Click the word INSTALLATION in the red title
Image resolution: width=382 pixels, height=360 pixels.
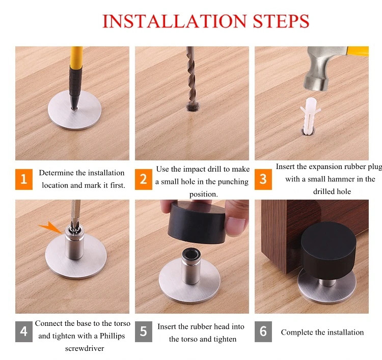[175, 21]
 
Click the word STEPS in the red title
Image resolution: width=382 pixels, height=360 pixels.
[281, 21]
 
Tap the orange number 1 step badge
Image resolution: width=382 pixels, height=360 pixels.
[23, 179]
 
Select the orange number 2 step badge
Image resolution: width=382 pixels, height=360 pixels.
[144, 179]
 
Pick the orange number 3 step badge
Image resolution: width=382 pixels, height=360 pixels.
[263, 179]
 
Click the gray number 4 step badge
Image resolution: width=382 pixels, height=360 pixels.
[23, 331]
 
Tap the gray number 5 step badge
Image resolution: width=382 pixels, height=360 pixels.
[144, 331]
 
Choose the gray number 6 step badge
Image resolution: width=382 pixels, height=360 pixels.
[263, 331]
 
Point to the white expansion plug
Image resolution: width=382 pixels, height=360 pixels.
[310, 116]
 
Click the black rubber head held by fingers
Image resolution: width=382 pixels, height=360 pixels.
[197, 222]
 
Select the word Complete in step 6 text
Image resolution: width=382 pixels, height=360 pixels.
[297, 333]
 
